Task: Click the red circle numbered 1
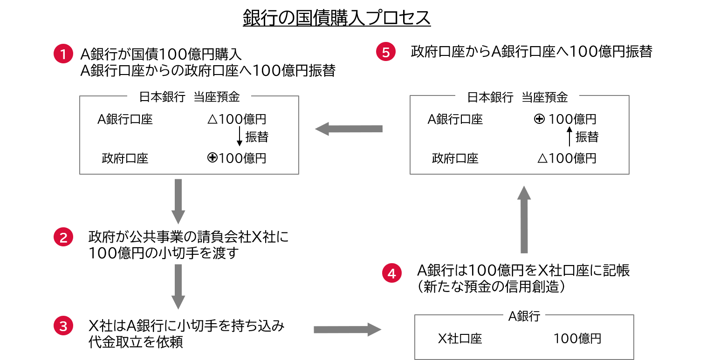(63, 54)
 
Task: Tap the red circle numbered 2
(63, 238)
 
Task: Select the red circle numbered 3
(63, 326)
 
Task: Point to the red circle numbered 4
(391, 273)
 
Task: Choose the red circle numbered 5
(385, 52)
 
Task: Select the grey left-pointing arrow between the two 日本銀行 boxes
(348, 129)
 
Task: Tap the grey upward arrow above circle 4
(524, 219)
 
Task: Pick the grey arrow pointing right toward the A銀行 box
(347, 329)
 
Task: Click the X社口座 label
(459, 339)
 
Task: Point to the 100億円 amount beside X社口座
(577, 339)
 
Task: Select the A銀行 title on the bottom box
(524, 316)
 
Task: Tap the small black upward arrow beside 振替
(569, 137)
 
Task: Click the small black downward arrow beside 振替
(240, 136)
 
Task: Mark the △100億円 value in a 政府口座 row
(567, 158)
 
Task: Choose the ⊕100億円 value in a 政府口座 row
(237, 158)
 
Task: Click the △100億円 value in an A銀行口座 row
(237, 119)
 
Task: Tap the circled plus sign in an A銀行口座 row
(539, 119)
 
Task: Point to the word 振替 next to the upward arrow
(587, 137)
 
